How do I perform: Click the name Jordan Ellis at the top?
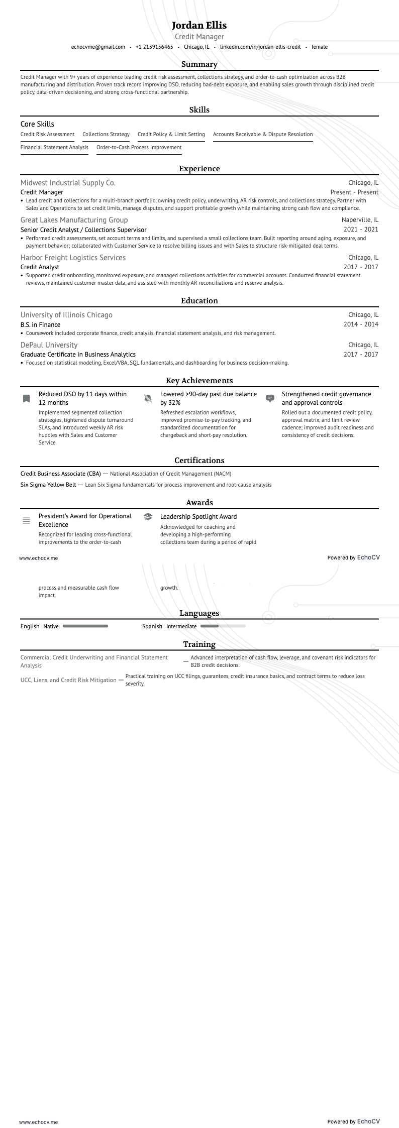point(199,25)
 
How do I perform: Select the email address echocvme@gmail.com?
point(98,47)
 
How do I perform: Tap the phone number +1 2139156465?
point(154,47)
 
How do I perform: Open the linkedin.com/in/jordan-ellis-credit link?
point(260,47)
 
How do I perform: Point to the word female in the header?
point(319,47)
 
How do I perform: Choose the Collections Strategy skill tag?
point(106,134)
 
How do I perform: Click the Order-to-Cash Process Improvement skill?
point(139,147)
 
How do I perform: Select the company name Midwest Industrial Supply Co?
point(68,183)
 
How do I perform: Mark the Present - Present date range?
point(354,192)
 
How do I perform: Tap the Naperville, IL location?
point(360,220)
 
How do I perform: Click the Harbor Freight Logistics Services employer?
point(73,258)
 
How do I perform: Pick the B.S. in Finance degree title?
point(40,324)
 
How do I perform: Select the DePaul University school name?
point(49,345)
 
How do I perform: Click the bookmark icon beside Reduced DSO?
point(26,399)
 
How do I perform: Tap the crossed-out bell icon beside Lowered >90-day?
point(148,399)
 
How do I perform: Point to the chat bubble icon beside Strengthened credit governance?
point(270,399)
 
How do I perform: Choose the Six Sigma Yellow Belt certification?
point(48,485)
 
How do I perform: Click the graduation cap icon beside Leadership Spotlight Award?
point(148,517)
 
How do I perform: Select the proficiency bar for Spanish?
point(223,626)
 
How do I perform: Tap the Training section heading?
point(199,644)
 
